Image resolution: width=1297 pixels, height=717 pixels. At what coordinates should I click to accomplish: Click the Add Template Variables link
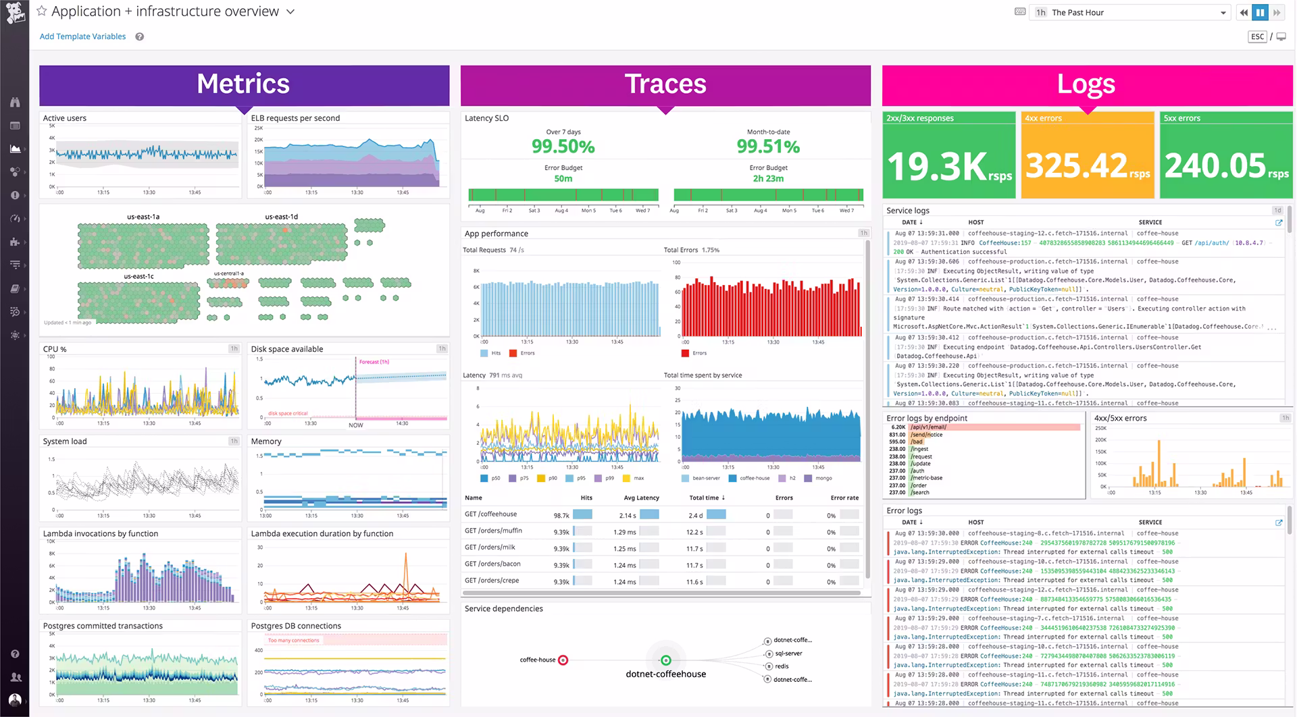tap(82, 36)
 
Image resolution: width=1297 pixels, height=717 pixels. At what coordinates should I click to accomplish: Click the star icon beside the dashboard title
tap(42, 11)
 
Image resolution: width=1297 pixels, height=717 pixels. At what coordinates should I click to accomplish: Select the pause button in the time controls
tap(1260, 12)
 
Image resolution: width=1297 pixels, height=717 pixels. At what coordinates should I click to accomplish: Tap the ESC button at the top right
tap(1257, 36)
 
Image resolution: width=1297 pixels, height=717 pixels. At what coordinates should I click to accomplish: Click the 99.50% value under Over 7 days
tap(563, 147)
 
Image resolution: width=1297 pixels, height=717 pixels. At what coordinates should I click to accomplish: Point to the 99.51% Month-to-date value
tap(768, 147)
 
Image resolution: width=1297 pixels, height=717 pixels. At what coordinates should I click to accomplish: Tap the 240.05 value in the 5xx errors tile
tap(1215, 165)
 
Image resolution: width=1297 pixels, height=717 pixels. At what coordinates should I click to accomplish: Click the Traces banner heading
tap(665, 84)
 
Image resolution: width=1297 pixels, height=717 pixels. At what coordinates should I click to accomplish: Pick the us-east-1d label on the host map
tap(281, 217)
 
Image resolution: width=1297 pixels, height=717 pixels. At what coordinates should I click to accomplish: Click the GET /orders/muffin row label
tap(493, 531)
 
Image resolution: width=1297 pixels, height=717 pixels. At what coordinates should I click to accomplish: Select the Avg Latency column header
tap(641, 498)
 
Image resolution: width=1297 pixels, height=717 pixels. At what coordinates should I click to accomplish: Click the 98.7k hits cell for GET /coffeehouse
tap(561, 515)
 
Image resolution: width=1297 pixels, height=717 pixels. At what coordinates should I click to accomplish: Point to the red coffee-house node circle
tap(563, 660)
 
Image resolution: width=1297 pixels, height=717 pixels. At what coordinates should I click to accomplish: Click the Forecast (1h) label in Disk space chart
tap(374, 362)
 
